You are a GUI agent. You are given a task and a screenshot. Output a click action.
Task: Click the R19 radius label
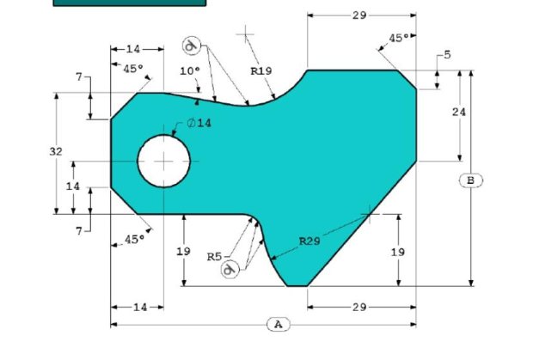(261, 71)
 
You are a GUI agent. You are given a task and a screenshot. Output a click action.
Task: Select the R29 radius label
(309, 241)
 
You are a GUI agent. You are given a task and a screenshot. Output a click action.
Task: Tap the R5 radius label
(215, 257)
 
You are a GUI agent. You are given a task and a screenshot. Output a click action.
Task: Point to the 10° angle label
(190, 71)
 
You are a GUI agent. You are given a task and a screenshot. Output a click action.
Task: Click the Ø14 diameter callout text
(199, 123)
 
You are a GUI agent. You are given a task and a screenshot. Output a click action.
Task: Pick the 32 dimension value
(56, 151)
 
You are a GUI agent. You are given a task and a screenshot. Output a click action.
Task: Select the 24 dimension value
(459, 112)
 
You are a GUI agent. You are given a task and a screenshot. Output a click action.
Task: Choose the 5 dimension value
(447, 55)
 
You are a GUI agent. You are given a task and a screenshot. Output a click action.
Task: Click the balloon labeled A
(279, 324)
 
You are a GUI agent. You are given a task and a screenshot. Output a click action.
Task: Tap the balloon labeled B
(471, 180)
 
